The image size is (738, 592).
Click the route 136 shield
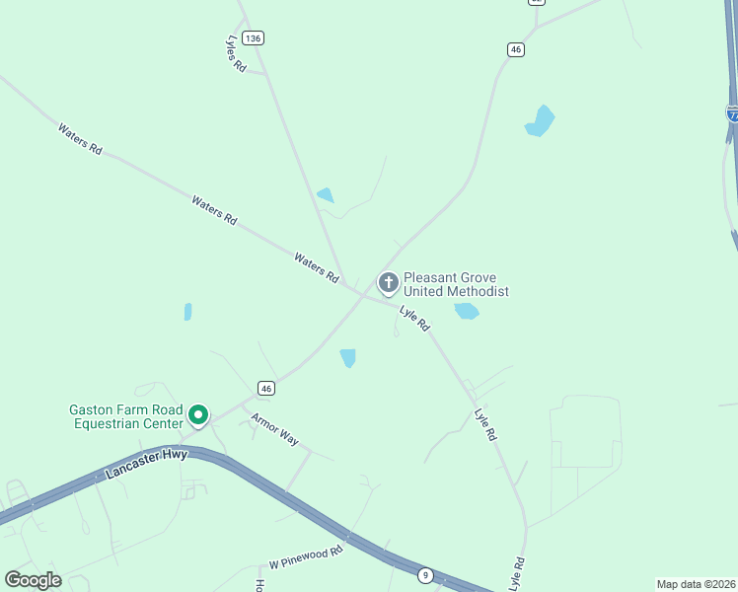(x=254, y=37)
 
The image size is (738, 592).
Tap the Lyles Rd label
(x=235, y=53)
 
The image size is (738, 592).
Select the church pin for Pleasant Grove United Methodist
(x=389, y=283)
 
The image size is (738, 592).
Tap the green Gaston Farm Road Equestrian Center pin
(x=198, y=415)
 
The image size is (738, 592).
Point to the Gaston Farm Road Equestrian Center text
(x=125, y=416)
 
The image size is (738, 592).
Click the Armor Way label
(x=274, y=429)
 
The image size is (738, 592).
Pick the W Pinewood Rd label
(x=306, y=557)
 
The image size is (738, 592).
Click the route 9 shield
(x=424, y=575)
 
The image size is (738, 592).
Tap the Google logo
(x=33, y=579)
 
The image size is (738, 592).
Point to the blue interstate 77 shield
(x=732, y=112)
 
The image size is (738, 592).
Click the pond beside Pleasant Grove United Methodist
(x=466, y=312)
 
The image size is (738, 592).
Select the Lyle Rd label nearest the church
(x=415, y=318)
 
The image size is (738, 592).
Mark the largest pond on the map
(x=540, y=121)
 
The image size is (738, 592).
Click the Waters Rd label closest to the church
(x=316, y=266)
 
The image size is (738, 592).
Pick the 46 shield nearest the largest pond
(x=515, y=49)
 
